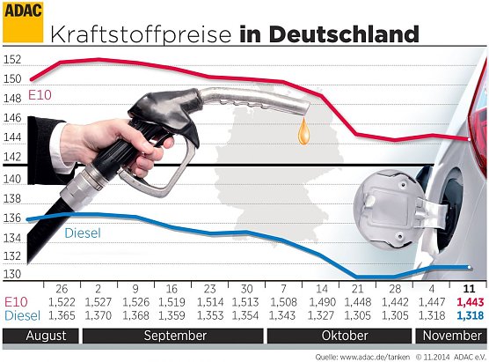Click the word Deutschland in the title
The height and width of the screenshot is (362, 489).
343,34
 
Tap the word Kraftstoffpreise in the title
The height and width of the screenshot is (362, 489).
142,34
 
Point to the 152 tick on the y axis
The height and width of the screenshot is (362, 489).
12,59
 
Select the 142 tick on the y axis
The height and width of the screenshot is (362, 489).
12,158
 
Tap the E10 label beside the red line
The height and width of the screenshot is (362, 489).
40,93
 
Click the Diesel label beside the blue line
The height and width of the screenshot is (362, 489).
83,233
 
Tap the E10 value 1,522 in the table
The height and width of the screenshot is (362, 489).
62,302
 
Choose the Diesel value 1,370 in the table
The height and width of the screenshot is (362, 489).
98,314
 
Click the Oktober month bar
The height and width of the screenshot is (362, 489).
344,336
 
